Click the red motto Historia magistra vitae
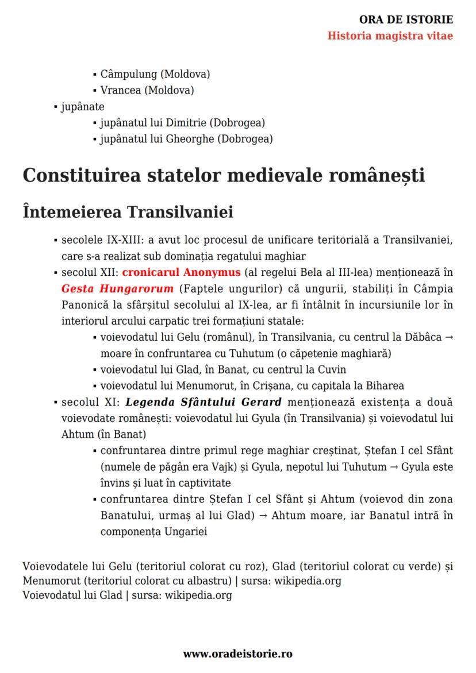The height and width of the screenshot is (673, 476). pyautogui.click(x=390, y=36)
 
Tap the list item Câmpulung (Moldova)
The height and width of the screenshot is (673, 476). pyautogui.click(x=155, y=74)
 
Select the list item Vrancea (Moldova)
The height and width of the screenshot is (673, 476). pyautogui.click(x=147, y=90)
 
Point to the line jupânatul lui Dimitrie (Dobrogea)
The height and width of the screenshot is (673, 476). pyautogui.click(x=182, y=122)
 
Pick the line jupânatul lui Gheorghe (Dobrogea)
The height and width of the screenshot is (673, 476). pyautogui.click(x=186, y=139)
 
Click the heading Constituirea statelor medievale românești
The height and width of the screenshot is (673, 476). pyautogui.click(x=224, y=175)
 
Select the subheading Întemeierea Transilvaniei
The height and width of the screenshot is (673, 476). pyautogui.click(x=128, y=211)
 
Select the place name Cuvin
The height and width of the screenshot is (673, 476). pyautogui.click(x=333, y=370)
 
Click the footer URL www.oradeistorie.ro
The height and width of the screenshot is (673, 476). pyautogui.click(x=237, y=653)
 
